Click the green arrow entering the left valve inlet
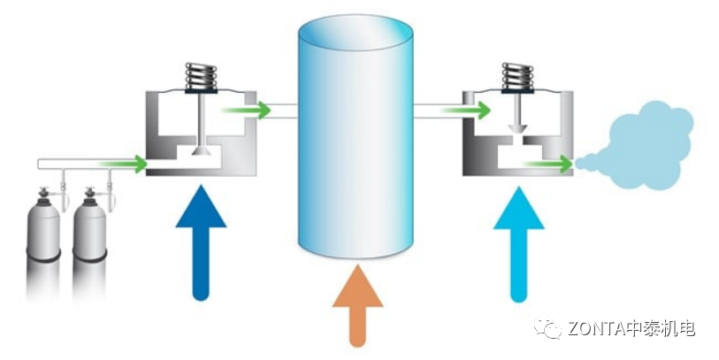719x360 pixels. coord(124,164)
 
